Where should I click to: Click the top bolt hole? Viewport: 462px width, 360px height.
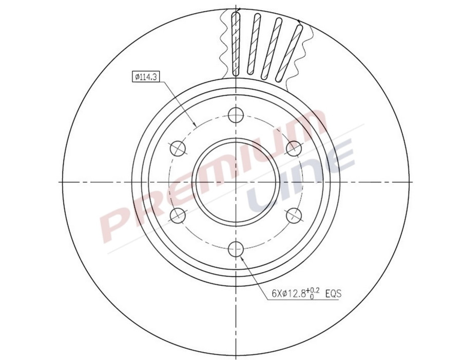coord(236,115)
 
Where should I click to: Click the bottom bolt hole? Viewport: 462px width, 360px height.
coord(236,249)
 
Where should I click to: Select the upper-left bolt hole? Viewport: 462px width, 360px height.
coord(177,149)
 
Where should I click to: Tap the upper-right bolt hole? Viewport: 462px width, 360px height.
coord(293,149)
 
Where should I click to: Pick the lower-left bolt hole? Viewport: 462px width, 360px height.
coord(177,215)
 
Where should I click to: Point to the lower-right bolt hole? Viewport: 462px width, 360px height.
coord(293,215)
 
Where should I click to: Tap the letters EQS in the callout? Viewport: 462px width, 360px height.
coord(334,294)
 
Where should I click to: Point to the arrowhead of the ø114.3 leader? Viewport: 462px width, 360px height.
coord(195,126)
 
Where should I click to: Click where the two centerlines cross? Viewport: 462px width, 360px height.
coord(236,182)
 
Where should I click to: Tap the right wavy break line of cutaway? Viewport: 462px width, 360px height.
coord(307,51)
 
